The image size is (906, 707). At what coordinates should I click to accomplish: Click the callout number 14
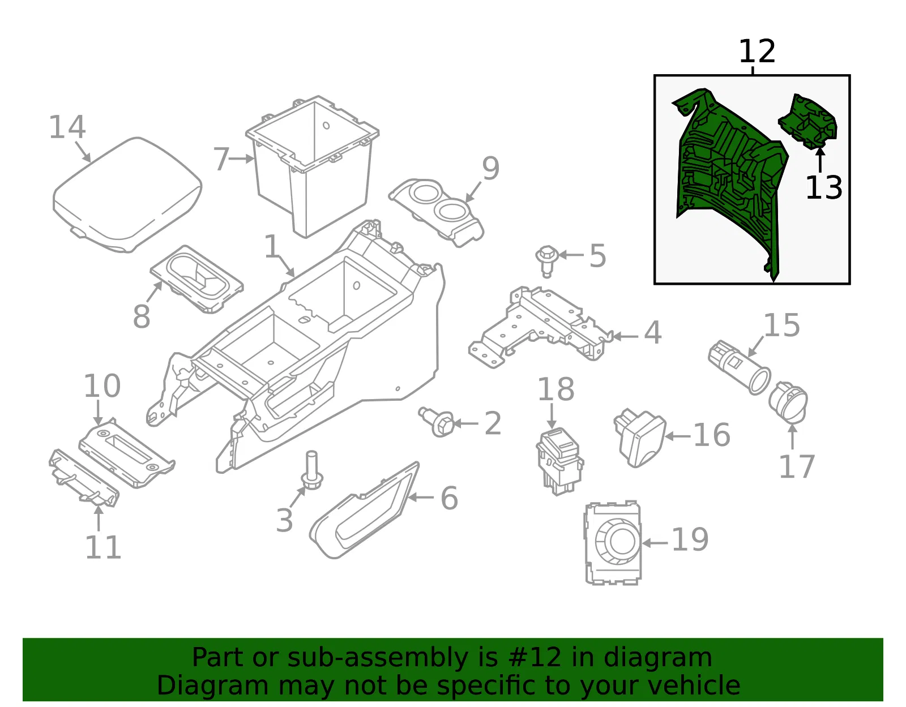click(x=67, y=127)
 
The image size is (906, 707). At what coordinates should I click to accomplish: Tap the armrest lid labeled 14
click(x=127, y=195)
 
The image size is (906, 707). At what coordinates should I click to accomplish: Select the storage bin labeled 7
click(x=312, y=166)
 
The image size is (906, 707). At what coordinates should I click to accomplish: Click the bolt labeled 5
click(x=546, y=261)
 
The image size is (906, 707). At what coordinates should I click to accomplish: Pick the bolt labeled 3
click(x=312, y=471)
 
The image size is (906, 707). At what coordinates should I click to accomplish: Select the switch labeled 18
click(x=559, y=461)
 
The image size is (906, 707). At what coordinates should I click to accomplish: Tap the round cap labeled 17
click(x=788, y=402)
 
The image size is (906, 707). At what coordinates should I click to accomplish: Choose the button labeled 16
click(x=639, y=438)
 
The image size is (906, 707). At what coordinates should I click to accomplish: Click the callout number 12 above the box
click(x=757, y=52)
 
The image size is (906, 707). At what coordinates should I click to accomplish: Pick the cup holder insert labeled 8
click(x=197, y=278)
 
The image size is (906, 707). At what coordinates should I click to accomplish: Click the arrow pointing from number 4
click(x=625, y=336)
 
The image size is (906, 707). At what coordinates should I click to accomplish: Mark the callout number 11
click(x=103, y=547)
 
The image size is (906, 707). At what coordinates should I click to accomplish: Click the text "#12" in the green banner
click(x=535, y=657)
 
